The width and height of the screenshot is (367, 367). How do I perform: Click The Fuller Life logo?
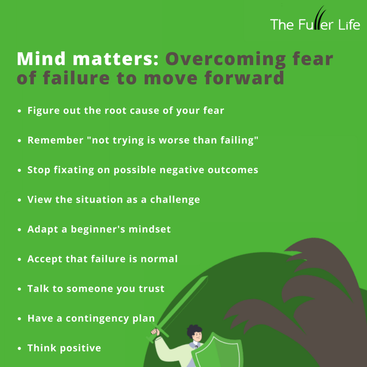(315, 19)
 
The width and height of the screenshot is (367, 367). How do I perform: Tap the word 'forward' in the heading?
(244, 77)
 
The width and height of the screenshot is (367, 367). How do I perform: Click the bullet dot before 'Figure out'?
(19, 111)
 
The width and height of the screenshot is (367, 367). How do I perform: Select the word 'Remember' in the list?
(55, 140)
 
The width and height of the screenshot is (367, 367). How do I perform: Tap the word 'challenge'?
(175, 200)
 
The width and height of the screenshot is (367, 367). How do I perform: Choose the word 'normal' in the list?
(159, 259)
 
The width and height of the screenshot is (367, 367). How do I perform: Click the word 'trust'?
(152, 289)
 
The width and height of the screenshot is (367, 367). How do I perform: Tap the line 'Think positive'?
(64, 348)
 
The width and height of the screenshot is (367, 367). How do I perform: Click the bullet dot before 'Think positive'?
(19, 348)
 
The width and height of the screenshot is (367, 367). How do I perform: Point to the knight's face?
(197, 336)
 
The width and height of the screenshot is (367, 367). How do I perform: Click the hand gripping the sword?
(155, 332)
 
